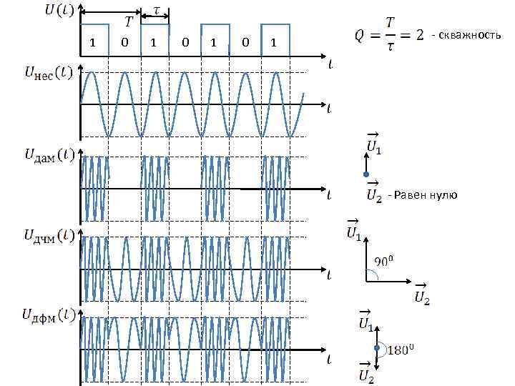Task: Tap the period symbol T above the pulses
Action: click(128, 22)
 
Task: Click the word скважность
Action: click(470, 35)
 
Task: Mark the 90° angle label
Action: click(386, 262)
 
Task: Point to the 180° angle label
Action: click(402, 350)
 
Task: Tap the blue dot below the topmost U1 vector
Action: click(366, 174)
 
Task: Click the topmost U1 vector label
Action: click(373, 145)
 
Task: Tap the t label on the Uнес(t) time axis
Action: click(329, 109)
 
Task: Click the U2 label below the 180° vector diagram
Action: click(366, 375)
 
